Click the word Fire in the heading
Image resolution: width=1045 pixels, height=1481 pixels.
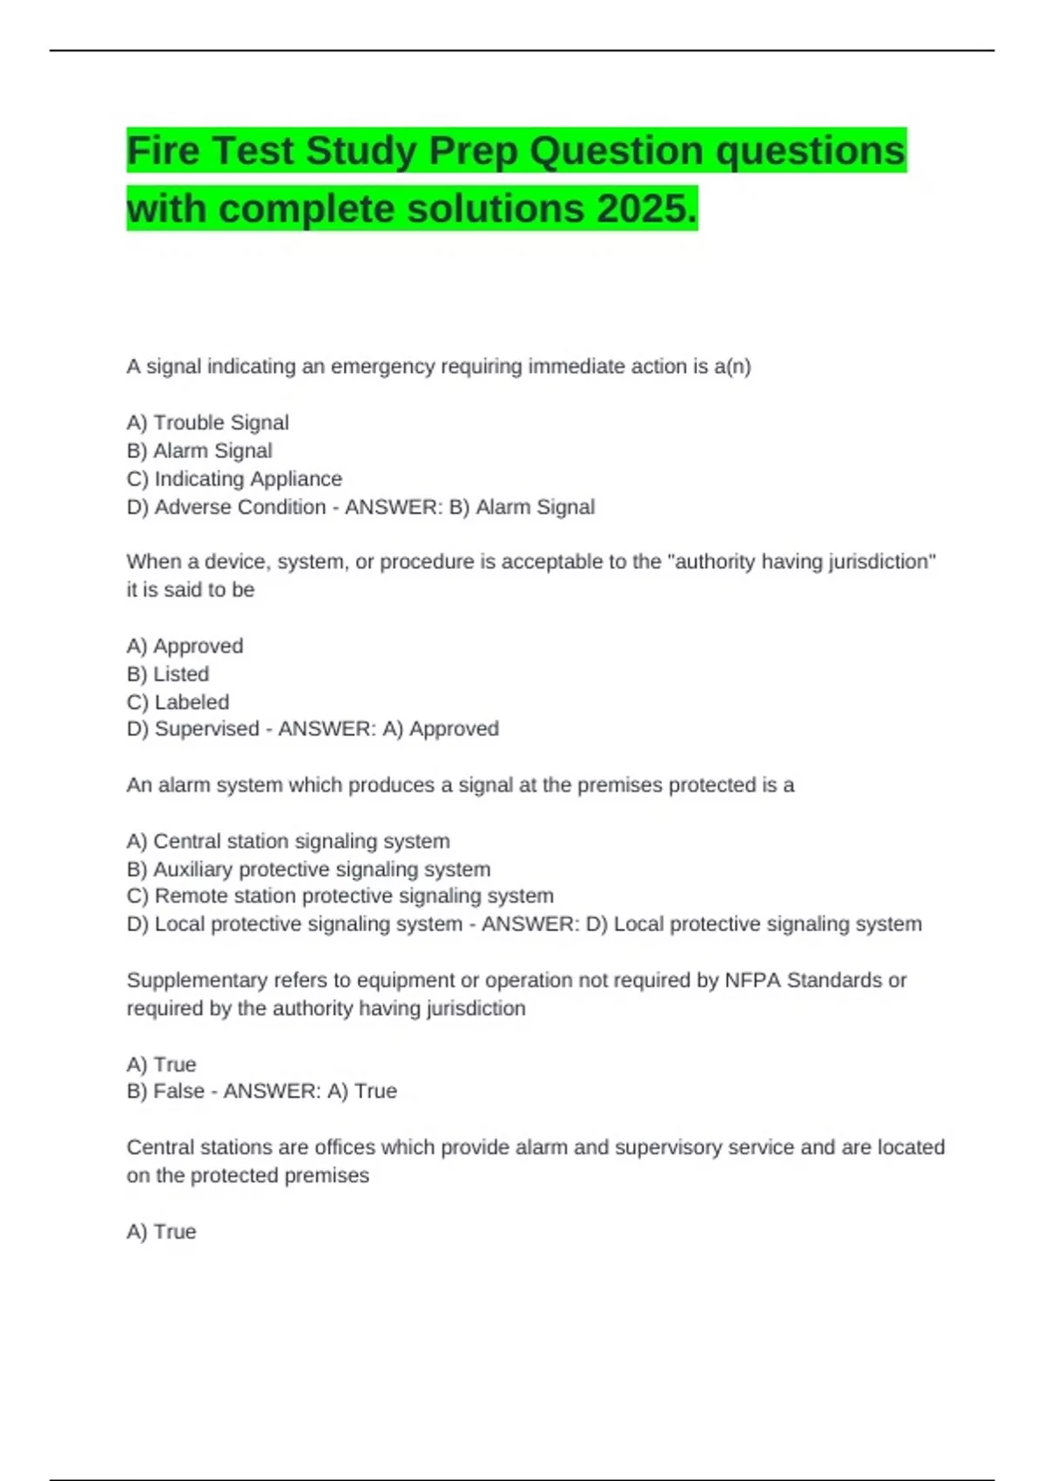click(163, 151)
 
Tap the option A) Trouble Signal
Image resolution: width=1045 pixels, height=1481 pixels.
click(207, 423)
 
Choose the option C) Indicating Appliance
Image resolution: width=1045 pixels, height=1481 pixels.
click(234, 479)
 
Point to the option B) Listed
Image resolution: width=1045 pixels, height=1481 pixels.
click(167, 674)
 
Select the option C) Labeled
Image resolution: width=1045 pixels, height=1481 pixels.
click(178, 702)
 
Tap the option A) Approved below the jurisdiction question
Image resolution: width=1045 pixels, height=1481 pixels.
click(185, 646)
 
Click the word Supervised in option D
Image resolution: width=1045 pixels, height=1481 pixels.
click(206, 729)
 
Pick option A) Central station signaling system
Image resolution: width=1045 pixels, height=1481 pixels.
click(288, 842)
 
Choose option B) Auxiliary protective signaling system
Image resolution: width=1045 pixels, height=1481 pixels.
click(308, 869)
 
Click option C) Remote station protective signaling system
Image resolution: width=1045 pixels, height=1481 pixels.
click(340, 896)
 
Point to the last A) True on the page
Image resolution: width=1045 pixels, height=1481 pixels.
click(161, 1232)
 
